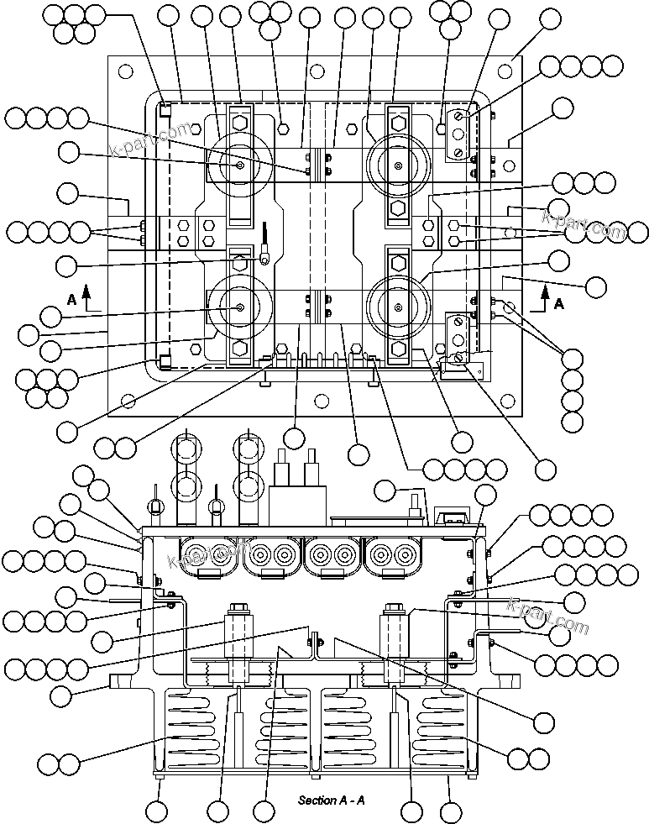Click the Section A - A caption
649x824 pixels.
(x=331, y=800)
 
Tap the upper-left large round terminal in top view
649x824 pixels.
(x=240, y=165)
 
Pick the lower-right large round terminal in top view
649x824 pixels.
(x=396, y=307)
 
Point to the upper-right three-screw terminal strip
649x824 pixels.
(x=457, y=134)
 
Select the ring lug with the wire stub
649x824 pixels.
(x=264, y=259)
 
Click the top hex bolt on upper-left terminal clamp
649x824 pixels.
(x=240, y=121)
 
